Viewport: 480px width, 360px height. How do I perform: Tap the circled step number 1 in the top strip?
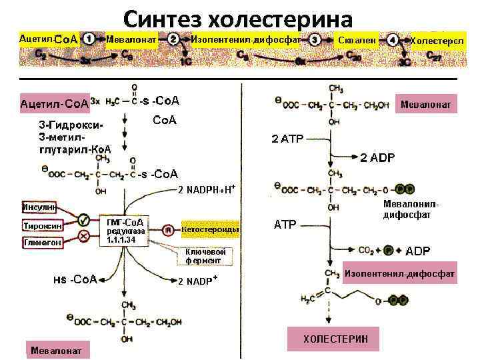pos(94,39)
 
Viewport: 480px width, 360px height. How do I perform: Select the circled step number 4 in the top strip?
pos(394,39)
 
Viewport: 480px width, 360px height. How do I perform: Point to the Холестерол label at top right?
pos(437,41)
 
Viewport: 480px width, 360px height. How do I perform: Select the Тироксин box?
pos(43,225)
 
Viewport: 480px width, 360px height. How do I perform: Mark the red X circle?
pos(84,237)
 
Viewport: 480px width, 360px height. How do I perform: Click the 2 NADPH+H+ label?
pos(207,189)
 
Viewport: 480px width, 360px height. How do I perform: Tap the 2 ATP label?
pos(287,139)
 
